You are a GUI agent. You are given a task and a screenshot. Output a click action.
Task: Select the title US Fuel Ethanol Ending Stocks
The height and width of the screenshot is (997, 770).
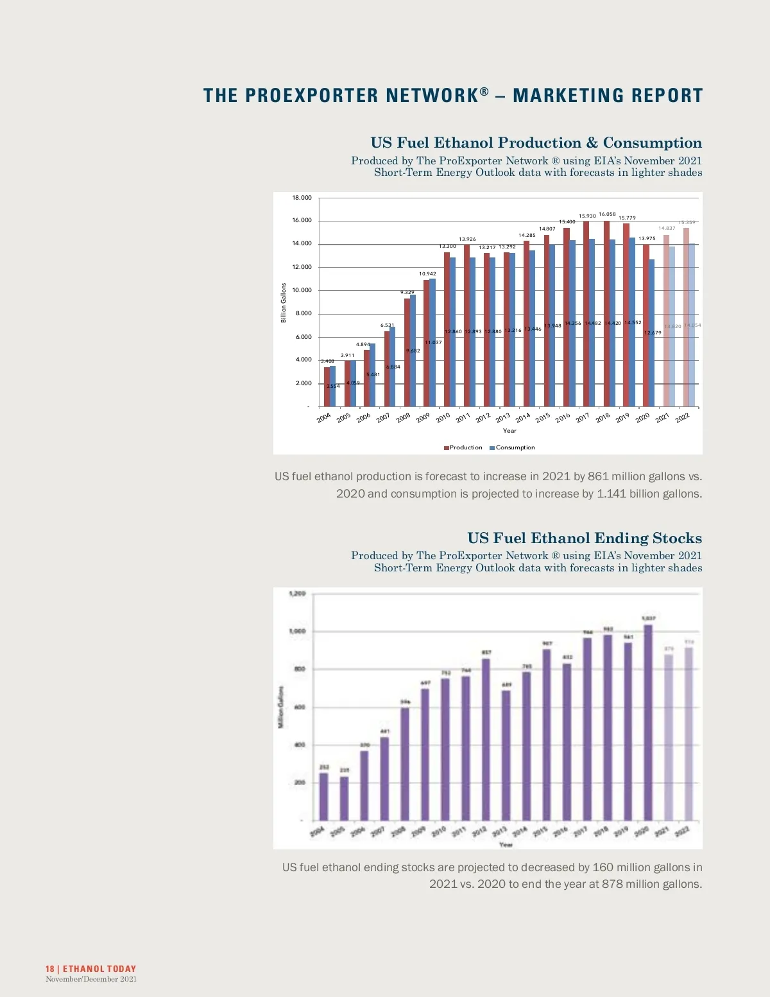pos(585,538)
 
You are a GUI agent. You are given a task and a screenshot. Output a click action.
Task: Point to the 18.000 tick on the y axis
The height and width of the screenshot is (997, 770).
pos(302,198)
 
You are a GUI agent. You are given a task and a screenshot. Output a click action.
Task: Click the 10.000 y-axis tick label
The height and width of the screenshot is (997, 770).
pos(302,290)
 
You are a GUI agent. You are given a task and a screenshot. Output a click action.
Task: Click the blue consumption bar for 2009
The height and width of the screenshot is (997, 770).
pos(432,342)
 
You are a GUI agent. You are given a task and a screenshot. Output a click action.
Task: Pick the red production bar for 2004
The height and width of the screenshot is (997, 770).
pos(327,386)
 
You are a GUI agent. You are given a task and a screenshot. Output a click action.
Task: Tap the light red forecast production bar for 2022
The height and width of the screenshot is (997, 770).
pos(686,317)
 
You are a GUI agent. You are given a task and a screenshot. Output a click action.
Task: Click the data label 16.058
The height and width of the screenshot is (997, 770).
pos(607,214)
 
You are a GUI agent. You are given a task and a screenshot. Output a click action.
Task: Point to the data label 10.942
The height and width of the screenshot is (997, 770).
pos(427,274)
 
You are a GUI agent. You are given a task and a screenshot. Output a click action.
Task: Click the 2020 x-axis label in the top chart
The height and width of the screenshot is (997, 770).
pos(642,417)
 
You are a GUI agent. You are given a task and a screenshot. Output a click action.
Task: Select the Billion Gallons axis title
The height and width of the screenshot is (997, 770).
pos(284,302)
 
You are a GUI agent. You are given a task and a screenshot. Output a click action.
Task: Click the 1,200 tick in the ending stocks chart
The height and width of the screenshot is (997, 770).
pos(297,593)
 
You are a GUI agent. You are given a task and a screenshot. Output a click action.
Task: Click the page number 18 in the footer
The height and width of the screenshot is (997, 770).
pos(49,969)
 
